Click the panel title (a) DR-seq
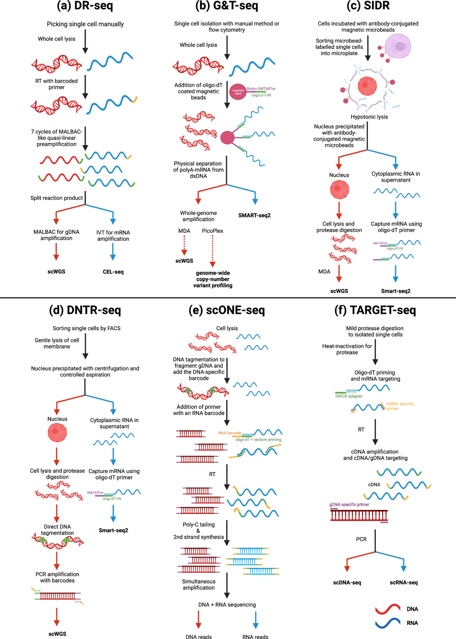tap(85, 6)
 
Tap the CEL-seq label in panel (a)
tap(113, 272)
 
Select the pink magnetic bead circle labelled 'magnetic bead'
tap(238, 92)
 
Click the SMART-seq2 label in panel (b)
tap(254, 215)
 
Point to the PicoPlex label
tap(212, 231)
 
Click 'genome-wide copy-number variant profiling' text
tap(213, 279)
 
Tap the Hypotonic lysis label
tap(369, 117)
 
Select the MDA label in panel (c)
tap(324, 272)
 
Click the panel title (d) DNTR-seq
tap(85, 310)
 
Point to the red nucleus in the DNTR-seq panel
tap(57, 432)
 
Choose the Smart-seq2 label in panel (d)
tap(113, 530)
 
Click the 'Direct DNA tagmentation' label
tap(57, 530)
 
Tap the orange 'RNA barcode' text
tap(230, 433)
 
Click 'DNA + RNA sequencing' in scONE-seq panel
tap(227, 605)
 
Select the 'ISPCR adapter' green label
tap(349, 396)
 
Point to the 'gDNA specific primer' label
tap(349, 505)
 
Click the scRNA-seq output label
tap(404, 583)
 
